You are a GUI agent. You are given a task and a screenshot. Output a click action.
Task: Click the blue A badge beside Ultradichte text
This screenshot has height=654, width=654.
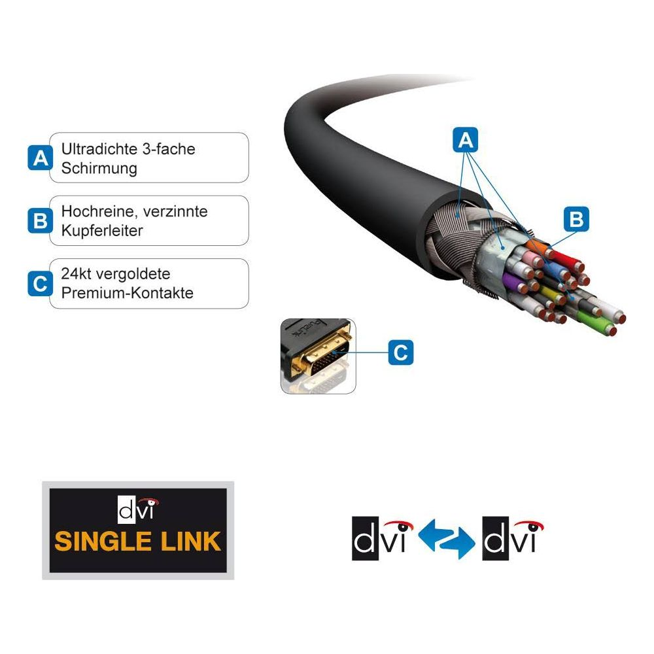click(40, 158)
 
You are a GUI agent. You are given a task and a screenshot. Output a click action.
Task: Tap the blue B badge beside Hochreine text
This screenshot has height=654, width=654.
click(40, 220)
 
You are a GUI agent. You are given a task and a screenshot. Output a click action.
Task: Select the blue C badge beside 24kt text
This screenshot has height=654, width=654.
click(40, 284)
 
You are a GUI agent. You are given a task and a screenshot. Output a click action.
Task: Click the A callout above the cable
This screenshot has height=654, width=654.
click(466, 140)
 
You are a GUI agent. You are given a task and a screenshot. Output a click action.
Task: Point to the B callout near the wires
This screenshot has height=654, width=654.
click(576, 219)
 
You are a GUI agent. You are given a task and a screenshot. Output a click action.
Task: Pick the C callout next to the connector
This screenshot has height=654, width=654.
click(401, 353)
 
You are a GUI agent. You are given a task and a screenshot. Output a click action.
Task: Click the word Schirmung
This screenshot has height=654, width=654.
click(99, 169)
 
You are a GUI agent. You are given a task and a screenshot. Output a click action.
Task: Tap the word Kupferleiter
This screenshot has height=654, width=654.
click(102, 231)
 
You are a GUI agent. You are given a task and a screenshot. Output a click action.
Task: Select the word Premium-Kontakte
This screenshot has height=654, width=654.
click(128, 293)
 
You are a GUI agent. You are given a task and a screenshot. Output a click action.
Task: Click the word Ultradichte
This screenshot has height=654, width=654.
click(99, 149)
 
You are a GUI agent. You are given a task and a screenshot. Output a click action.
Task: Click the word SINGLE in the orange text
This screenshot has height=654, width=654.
click(103, 542)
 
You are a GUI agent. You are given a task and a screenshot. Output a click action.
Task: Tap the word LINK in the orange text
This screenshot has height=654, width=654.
click(190, 542)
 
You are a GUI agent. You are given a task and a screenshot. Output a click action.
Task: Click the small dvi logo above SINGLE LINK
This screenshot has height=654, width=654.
click(137, 509)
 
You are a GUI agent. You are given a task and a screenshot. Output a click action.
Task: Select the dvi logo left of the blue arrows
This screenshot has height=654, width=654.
click(382, 538)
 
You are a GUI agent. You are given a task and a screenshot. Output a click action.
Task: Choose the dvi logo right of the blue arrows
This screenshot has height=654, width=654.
click(513, 538)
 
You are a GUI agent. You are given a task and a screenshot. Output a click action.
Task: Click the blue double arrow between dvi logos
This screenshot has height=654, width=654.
click(447, 539)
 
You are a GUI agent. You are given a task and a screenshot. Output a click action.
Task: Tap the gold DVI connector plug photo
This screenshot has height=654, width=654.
click(318, 356)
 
